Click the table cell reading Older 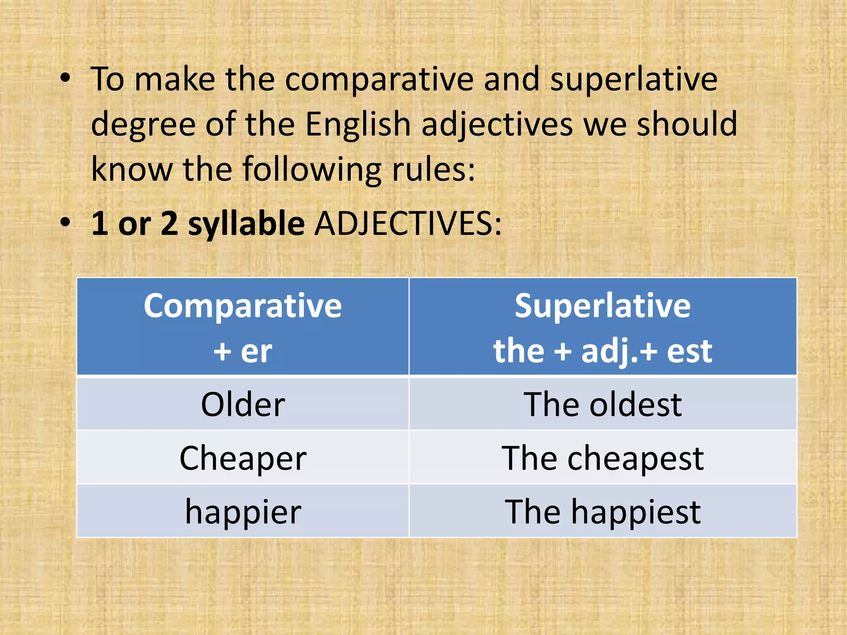(x=243, y=404)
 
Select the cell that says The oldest (x=603, y=404)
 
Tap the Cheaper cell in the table (x=243, y=458)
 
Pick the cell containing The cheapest (x=603, y=458)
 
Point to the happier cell (x=243, y=512)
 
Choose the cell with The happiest (x=603, y=512)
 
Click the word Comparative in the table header (x=243, y=306)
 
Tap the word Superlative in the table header (x=603, y=306)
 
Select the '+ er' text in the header (x=243, y=351)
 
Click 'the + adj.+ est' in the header (x=603, y=351)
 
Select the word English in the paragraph (x=358, y=124)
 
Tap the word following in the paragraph (x=312, y=169)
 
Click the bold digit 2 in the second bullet (x=169, y=223)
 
